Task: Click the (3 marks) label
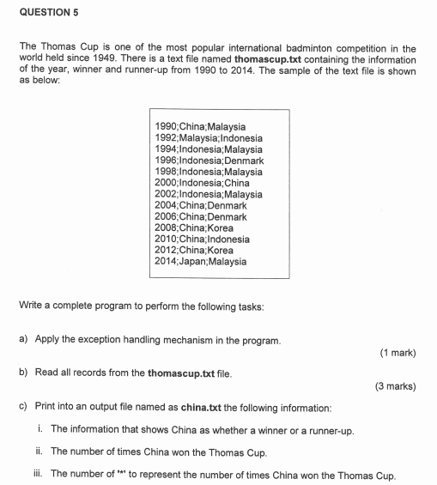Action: coord(395,386)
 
